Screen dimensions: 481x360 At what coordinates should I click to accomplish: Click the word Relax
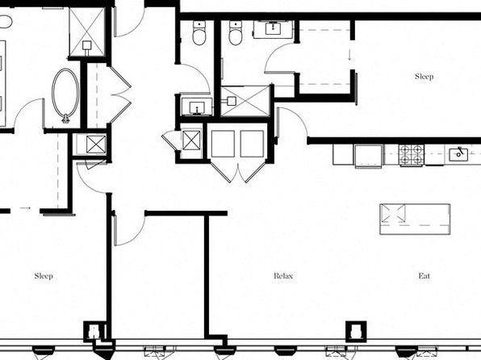click(x=283, y=276)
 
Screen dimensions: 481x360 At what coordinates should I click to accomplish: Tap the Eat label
click(x=425, y=276)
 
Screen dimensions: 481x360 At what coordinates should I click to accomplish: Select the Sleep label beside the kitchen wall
click(x=425, y=77)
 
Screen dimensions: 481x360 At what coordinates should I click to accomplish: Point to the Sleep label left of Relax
click(x=44, y=276)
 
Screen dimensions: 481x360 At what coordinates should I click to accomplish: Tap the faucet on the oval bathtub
click(x=65, y=119)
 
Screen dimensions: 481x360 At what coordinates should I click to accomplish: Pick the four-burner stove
click(x=412, y=155)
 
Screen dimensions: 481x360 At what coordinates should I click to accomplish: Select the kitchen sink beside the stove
click(x=458, y=154)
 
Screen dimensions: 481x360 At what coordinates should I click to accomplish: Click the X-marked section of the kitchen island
click(x=393, y=214)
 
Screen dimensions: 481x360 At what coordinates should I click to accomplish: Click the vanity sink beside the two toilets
click(x=273, y=28)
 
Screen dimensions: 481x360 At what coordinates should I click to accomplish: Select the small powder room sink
click(x=196, y=107)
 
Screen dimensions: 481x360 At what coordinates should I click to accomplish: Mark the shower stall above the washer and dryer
click(x=245, y=101)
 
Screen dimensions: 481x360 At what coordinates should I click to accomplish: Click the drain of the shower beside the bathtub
click(x=87, y=46)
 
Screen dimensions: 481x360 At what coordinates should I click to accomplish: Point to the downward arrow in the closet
click(x=349, y=55)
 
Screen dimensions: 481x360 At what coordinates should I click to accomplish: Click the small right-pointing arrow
click(x=25, y=208)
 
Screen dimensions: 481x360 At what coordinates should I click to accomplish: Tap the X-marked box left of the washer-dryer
click(x=191, y=140)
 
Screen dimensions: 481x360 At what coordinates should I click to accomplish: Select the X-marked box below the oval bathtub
click(x=95, y=144)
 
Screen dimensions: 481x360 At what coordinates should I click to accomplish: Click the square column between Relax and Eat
click(x=356, y=332)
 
